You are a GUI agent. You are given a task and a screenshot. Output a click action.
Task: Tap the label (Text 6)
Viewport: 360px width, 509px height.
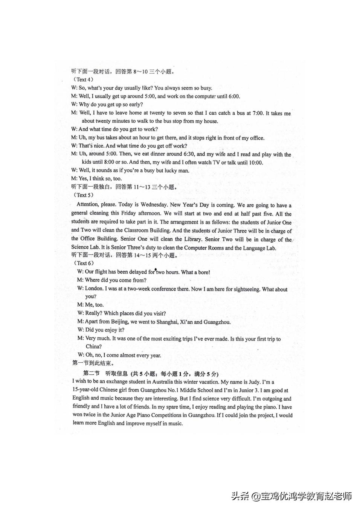[84, 263]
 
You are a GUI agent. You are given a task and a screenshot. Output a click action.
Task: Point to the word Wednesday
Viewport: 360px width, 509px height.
[153, 205]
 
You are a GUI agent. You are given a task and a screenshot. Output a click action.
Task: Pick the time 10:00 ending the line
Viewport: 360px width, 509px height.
[255, 163]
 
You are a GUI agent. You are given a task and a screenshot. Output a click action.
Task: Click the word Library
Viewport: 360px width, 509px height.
[193, 239]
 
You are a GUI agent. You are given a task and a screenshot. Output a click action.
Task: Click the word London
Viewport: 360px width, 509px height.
[94, 288]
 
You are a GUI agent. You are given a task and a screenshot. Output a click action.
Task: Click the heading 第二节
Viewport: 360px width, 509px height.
[91, 374]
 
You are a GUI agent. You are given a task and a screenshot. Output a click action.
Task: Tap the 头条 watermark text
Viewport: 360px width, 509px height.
[240, 496]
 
